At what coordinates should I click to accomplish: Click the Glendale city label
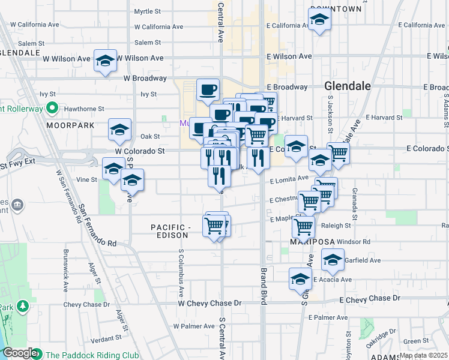pyautogui.click(x=348, y=86)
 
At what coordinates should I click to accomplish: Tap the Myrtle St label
pyautogui.click(x=148, y=11)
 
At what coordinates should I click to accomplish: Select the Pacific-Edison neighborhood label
pyautogui.click(x=170, y=231)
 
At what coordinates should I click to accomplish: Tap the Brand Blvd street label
pyautogui.click(x=263, y=287)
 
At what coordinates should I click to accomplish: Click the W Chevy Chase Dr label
pyautogui.click(x=209, y=304)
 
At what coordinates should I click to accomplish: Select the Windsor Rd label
pyautogui.click(x=354, y=242)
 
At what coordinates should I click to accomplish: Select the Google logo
pyautogui.click(x=19, y=353)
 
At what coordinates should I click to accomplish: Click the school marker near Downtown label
pyautogui.click(x=320, y=20)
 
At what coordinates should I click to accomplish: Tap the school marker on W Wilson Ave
pyautogui.click(x=106, y=61)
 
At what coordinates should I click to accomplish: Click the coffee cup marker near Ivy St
pyautogui.click(x=208, y=90)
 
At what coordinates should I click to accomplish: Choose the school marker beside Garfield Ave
pyautogui.click(x=333, y=260)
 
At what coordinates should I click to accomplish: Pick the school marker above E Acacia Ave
pyautogui.click(x=300, y=278)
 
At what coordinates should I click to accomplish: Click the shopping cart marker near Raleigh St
pyautogui.click(x=304, y=227)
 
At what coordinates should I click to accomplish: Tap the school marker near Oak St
pyautogui.click(x=119, y=130)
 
